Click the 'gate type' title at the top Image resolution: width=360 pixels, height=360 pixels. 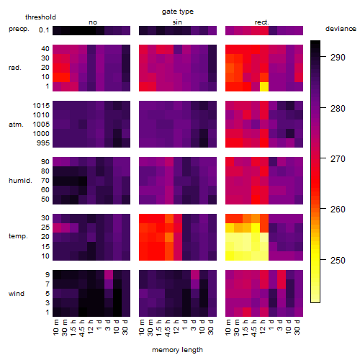(x=178, y=12)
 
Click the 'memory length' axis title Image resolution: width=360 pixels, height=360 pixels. (x=177, y=350)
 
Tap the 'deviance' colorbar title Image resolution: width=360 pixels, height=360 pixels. (x=341, y=29)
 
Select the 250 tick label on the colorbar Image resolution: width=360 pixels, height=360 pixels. (x=338, y=261)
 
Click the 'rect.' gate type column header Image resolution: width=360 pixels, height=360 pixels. (x=262, y=22)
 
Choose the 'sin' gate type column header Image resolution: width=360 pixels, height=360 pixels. (x=177, y=22)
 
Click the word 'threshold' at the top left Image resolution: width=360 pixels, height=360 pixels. (x=40, y=17)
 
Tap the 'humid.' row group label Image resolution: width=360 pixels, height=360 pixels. (x=20, y=181)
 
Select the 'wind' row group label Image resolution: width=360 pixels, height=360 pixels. (x=17, y=294)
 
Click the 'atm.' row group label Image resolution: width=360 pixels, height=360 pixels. (x=16, y=125)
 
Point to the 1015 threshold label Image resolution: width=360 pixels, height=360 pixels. (x=41, y=106)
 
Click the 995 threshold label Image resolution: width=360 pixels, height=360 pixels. (x=43, y=143)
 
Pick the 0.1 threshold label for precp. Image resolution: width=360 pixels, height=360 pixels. (x=44, y=30)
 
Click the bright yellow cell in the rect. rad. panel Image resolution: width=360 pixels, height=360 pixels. (x=264, y=86)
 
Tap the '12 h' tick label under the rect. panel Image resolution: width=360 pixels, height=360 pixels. (x=263, y=327)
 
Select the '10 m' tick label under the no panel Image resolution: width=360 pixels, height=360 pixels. (x=55, y=328)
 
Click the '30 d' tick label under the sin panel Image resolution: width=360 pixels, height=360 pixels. (x=211, y=328)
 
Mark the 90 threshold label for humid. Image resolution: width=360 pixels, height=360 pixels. (x=45, y=162)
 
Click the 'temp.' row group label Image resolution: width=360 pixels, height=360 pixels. (x=18, y=236)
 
